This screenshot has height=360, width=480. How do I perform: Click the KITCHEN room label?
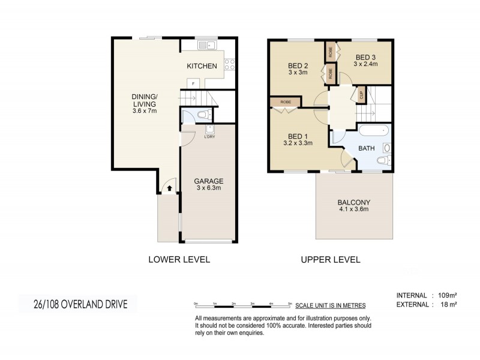201,65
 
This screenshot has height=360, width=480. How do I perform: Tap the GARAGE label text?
208,181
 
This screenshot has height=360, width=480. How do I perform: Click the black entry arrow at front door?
169,188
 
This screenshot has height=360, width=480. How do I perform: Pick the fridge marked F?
193,83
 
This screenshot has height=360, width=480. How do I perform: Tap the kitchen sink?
208,44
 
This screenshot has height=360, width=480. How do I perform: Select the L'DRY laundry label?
209,137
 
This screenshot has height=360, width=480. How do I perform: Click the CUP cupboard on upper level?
362,94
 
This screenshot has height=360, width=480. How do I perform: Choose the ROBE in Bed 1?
286,103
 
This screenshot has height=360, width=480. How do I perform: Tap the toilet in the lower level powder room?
202,115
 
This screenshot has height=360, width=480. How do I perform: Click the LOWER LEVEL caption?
179,260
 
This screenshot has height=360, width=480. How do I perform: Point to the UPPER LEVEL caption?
330,260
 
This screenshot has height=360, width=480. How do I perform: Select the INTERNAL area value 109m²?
446,295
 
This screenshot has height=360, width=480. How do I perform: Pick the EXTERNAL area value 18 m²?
445,305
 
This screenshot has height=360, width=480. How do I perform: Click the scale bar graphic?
243,305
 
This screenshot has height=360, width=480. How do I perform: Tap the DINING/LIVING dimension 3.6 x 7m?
145,111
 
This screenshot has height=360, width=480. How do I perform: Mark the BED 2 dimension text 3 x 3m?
298,73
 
